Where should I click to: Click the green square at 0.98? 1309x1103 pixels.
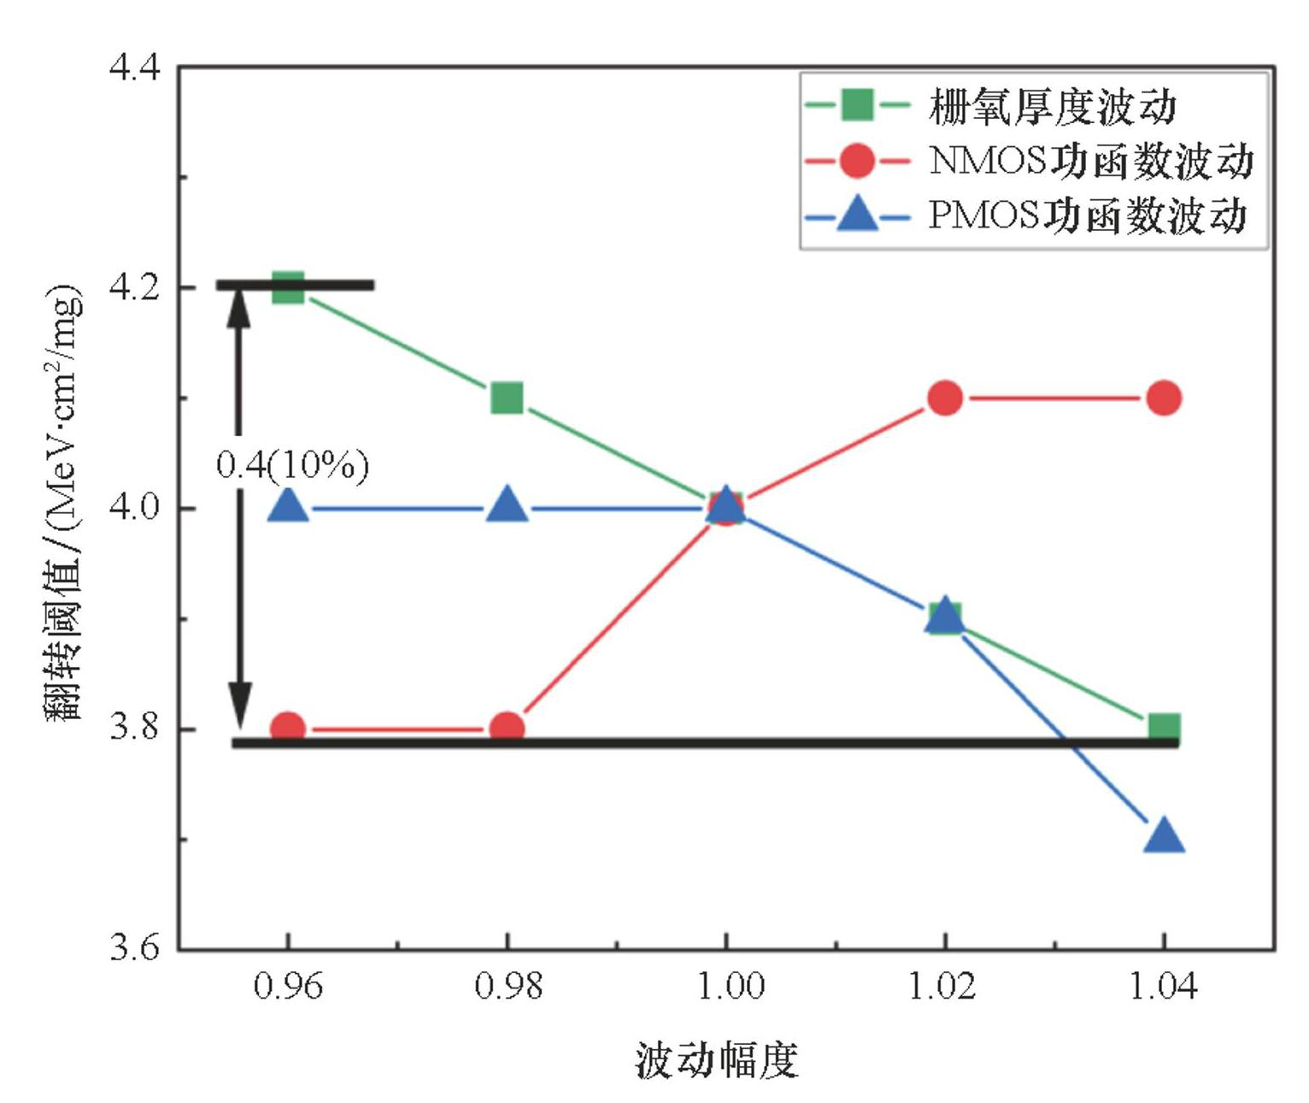[x=507, y=398]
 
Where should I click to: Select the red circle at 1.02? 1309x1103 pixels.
[x=944, y=398]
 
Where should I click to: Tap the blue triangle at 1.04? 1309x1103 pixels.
[x=1163, y=836]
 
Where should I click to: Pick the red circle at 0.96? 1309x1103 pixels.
[x=288, y=728]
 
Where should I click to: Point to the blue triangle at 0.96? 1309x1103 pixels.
[x=288, y=506]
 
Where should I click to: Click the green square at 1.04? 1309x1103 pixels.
[x=1163, y=728]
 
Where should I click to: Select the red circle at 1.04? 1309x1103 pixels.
[x=1163, y=398]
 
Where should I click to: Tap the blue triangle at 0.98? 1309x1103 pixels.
[x=507, y=506]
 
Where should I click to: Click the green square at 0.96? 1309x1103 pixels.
[x=288, y=287]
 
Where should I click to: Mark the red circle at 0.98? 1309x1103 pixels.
[x=507, y=728]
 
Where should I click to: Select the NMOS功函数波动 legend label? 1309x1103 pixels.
[x=1090, y=161]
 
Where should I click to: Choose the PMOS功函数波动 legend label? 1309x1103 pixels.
[x=1087, y=215]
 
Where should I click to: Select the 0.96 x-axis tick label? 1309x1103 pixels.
[x=289, y=987]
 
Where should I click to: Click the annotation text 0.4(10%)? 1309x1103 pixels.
[x=292, y=465]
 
